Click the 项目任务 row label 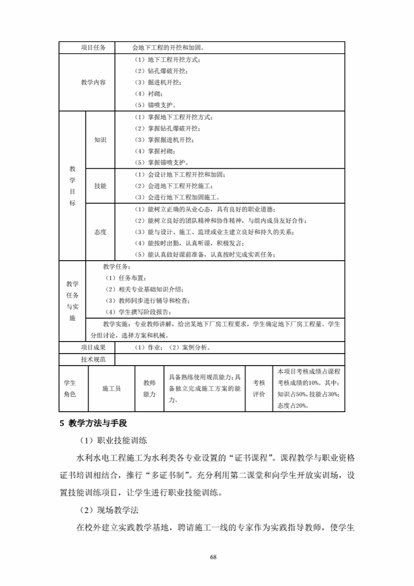click(93, 48)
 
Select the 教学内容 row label click(93, 82)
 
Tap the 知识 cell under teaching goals click(100, 140)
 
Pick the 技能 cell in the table click(100, 186)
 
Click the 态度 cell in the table click(100, 232)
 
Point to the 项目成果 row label click(93, 347)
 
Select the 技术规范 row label click(93, 359)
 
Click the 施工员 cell click(111, 389)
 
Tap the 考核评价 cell click(259, 389)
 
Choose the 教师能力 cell click(149, 389)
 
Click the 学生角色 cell click(70, 389)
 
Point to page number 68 click(213, 557)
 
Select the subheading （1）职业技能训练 click(114, 441)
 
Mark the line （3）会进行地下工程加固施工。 click(177, 197)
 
